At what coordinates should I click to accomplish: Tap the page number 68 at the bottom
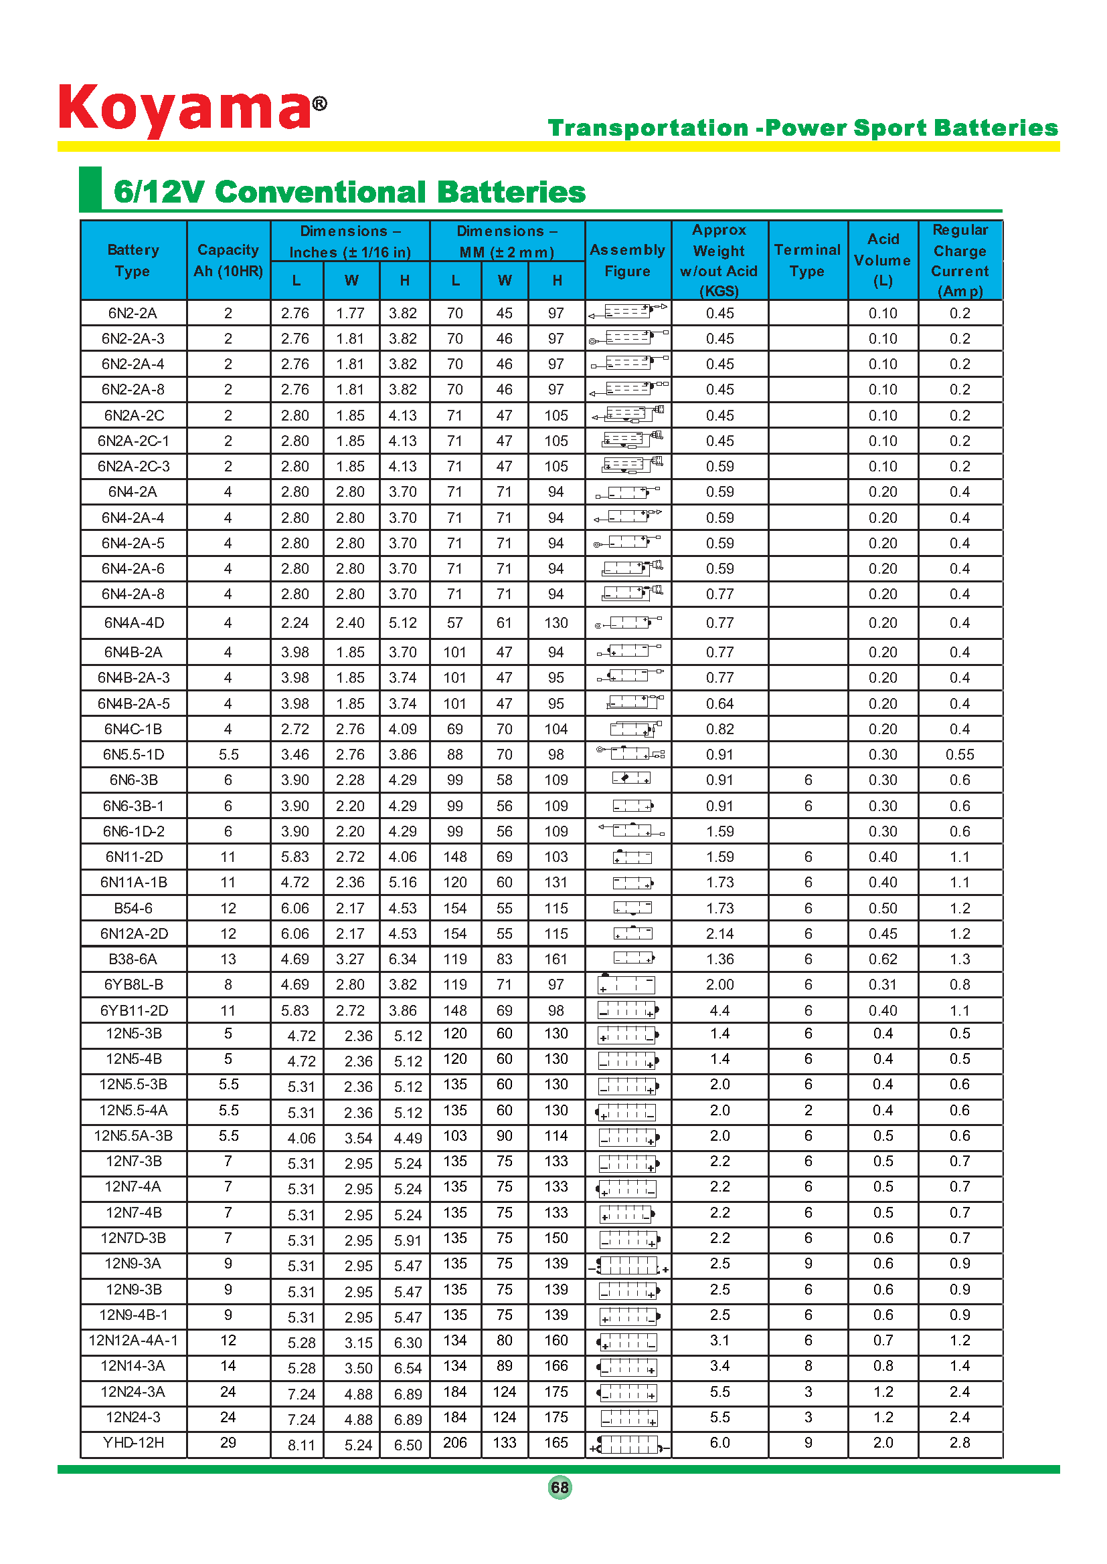tap(560, 1487)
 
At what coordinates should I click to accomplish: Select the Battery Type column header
tap(133, 260)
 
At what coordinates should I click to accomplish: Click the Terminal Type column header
tap(807, 260)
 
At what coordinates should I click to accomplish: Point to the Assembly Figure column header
tap(627, 260)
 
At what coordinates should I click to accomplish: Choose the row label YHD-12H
tap(133, 1443)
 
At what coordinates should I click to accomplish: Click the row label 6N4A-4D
tap(133, 623)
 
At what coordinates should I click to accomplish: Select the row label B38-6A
tap(133, 959)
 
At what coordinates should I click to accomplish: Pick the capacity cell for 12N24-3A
tap(228, 1391)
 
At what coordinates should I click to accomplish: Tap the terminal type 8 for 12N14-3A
tap(808, 1366)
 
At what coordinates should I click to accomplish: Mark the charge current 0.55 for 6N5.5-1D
tap(959, 755)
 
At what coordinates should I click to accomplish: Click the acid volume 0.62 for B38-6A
tap(883, 959)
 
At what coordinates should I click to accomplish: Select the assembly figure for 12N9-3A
tap(628, 1266)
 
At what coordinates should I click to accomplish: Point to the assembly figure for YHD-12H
tap(628, 1444)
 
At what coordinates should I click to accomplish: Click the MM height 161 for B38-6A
tap(556, 959)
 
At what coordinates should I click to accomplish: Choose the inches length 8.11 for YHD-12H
tap(301, 1445)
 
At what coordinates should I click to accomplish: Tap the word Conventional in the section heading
tap(321, 192)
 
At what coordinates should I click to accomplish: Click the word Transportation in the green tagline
tap(648, 128)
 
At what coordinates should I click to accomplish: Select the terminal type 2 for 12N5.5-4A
tap(808, 1111)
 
